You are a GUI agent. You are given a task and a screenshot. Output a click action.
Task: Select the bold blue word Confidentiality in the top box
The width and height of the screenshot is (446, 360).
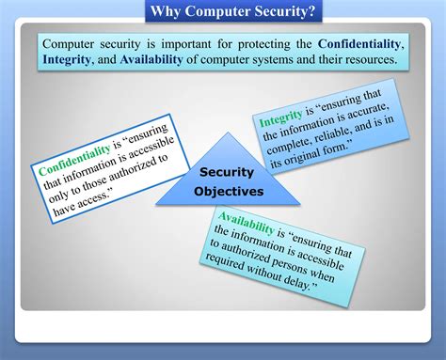coord(360,43)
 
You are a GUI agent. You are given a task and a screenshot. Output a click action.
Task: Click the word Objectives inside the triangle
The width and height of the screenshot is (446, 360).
coord(229,192)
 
